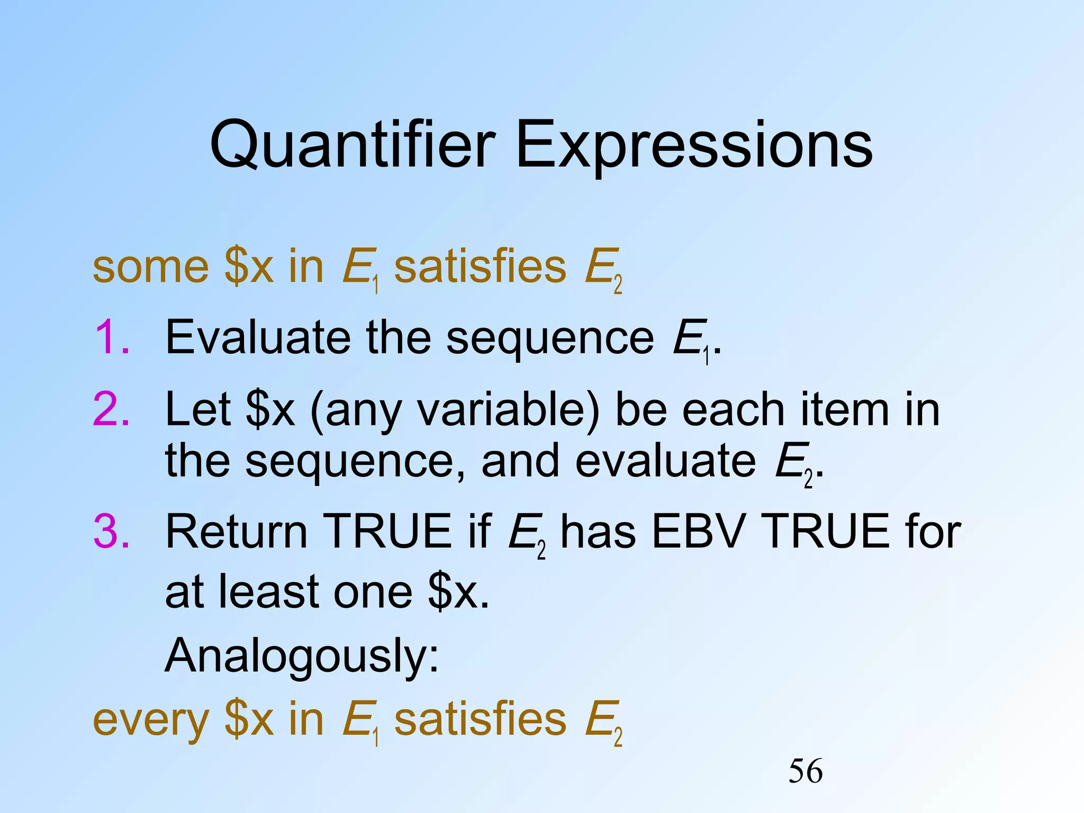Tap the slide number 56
805,771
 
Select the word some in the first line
151,267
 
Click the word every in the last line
151,721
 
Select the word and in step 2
520,460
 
